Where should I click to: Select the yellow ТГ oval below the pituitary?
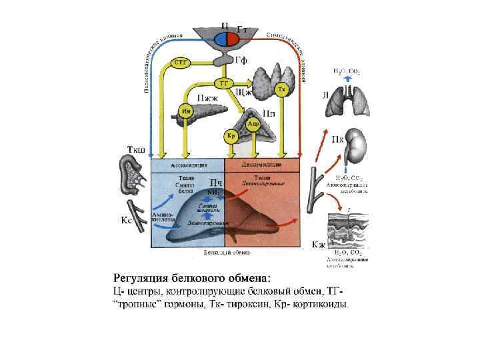pyautogui.click(x=223, y=83)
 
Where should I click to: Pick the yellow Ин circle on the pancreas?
pyautogui.click(x=186, y=111)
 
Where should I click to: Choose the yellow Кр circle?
pyautogui.click(x=230, y=136)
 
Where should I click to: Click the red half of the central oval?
pyautogui.click(x=233, y=39)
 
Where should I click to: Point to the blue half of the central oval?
pyautogui.click(x=221, y=39)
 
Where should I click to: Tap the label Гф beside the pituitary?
pyautogui.click(x=241, y=59)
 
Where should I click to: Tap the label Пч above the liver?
pyautogui.click(x=216, y=183)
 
